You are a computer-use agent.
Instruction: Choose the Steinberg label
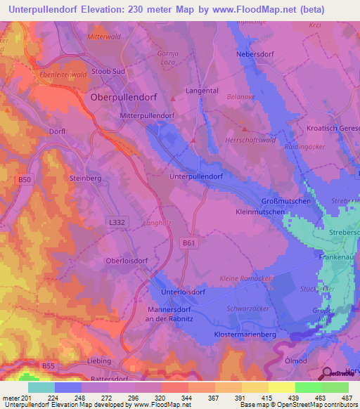coord(86,179)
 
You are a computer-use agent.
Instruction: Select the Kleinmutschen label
coord(259,211)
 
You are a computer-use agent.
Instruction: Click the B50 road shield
coord(25,180)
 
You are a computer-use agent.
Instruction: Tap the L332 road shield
coord(118,221)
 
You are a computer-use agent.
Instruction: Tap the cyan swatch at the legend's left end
coord(41,387)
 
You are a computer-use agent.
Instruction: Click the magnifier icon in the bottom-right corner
coord(326,373)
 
